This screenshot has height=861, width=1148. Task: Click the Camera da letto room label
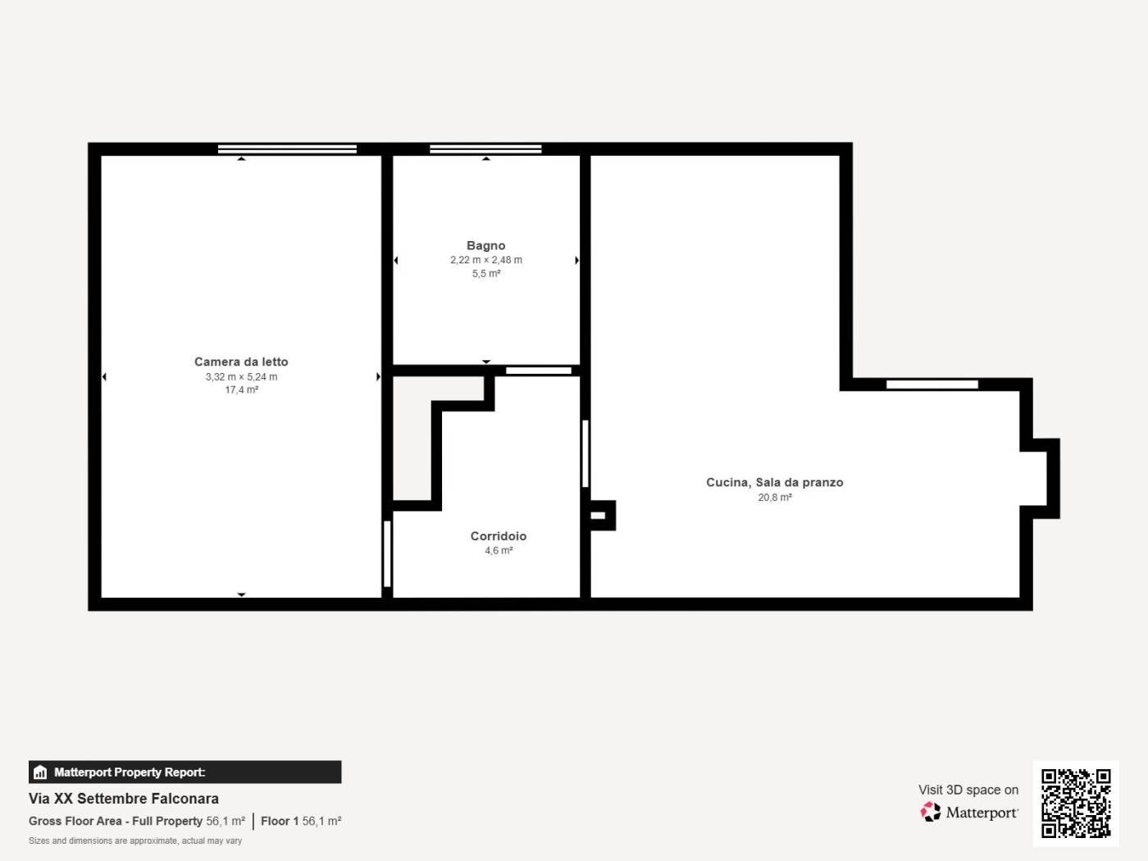click(241, 362)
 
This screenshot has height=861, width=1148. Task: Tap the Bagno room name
click(486, 246)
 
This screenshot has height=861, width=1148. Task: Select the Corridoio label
click(499, 535)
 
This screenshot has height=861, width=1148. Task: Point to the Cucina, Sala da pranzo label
click(775, 482)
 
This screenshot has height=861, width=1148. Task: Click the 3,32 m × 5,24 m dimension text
click(241, 377)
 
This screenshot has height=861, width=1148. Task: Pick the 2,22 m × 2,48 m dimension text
click(486, 260)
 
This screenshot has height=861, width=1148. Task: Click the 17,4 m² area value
click(241, 390)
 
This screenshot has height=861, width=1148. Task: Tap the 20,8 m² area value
click(775, 498)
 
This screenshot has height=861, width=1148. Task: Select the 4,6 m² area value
click(499, 550)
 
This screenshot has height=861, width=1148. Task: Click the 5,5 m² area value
click(486, 273)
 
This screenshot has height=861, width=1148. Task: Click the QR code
click(1076, 803)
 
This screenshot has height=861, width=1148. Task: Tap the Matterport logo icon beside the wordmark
click(931, 812)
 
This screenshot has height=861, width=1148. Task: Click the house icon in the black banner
click(40, 772)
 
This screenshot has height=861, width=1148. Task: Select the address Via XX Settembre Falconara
click(124, 799)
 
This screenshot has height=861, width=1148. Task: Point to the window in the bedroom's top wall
click(287, 149)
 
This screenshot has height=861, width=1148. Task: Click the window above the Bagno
click(485, 149)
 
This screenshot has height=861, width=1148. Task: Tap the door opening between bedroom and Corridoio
click(387, 553)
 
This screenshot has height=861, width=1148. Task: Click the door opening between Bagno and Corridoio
click(539, 371)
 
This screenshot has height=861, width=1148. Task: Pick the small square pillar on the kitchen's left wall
click(601, 516)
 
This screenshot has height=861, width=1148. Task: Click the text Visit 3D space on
click(968, 790)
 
